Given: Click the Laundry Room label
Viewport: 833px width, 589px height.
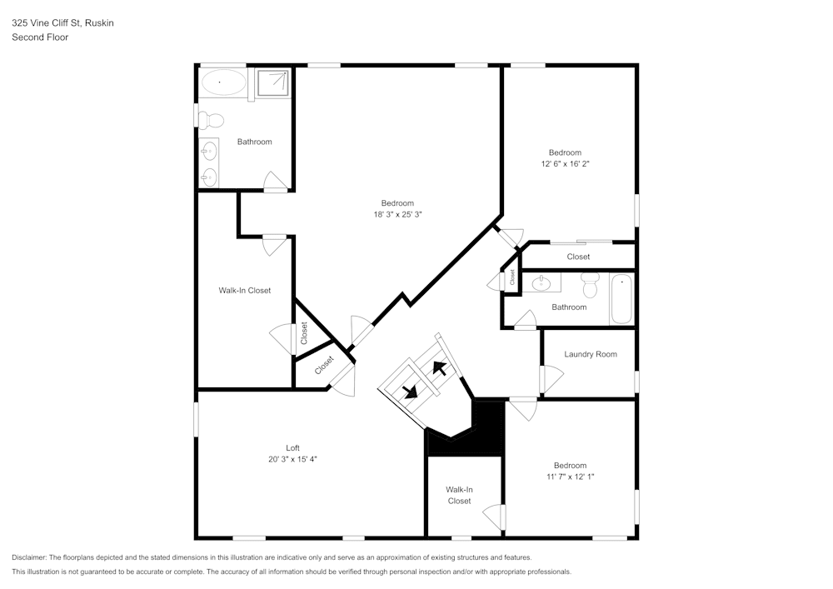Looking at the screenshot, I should tap(590, 354).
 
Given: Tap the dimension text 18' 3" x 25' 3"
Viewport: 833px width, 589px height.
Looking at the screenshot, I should tap(397, 215).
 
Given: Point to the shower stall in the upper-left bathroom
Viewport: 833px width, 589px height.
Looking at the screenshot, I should tap(272, 83).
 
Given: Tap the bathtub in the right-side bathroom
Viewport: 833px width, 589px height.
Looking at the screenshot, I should tap(621, 301).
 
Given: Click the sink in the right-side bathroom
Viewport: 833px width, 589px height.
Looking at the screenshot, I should tap(540, 283).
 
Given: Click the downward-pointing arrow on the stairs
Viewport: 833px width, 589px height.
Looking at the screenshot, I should tap(410, 392).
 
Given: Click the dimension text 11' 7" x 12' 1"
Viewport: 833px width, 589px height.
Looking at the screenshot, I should tap(570, 477).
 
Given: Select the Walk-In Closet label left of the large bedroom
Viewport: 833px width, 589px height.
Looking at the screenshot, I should tap(244, 291).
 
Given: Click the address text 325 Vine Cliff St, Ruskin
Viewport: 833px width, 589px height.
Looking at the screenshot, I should tap(62, 23).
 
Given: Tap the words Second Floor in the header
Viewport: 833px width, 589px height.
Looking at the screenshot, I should tap(40, 37).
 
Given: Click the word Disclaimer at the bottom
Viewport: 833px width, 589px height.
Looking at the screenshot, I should tap(29, 557).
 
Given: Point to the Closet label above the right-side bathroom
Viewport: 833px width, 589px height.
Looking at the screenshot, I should tap(578, 257).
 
